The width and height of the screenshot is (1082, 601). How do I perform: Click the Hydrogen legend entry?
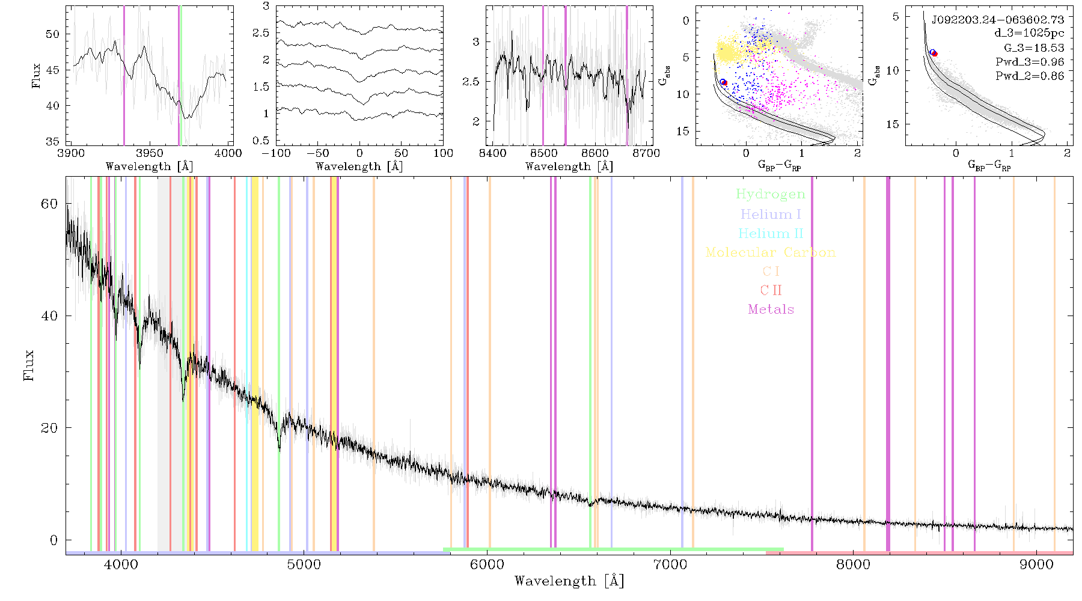pos(771,194)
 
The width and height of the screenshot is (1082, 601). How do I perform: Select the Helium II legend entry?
pos(771,233)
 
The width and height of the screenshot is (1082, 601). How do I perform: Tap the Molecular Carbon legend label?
pos(771,252)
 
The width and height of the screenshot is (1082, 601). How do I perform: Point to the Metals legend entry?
pos(771,310)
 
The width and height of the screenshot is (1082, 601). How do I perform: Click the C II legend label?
pos(771,290)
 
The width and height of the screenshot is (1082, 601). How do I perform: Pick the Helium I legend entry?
pos(771,214)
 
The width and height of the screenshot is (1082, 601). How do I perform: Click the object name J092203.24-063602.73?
pos(998,20)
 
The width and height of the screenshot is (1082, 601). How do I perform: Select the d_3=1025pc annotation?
pos(1029,34)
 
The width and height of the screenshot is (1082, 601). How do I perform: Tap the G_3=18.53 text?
pos(1034,48)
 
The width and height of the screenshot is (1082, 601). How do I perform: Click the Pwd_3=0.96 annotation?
pos(1030,62)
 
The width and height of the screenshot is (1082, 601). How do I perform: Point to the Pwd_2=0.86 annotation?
pos(1030,76)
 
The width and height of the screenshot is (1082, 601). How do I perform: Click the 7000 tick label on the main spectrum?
pos(670,564)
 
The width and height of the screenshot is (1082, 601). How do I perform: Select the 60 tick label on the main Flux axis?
pos(49,204)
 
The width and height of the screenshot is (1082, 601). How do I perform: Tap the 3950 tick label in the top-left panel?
pos(149,153)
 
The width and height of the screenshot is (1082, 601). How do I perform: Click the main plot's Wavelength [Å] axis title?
pos(569,581)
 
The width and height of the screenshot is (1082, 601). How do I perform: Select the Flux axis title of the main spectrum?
pos(28,365)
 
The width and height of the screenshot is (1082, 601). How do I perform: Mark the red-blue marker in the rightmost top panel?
pos(934,53)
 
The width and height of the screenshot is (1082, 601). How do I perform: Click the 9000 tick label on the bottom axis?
pos(1036,564)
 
